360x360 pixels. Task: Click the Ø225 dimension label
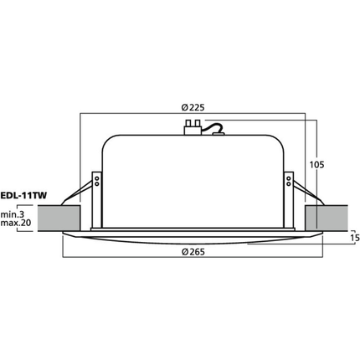[x=193, y=107]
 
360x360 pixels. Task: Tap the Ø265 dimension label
[x=193, y=252]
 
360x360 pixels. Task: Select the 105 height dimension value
[x=316, y=165]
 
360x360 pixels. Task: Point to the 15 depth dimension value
[x=355, y=238]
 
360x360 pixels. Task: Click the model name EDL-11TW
[x=23, y=196]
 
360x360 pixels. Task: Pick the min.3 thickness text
[x=13, y=214]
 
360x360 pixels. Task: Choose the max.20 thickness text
[x=16, y=223]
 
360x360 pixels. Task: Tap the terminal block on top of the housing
[x=193, y=127]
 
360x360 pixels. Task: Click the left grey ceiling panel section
[x=59, y=219]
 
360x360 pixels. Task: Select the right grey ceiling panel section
[x=327, y=219]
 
